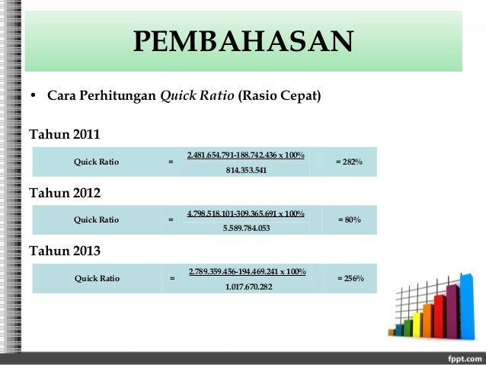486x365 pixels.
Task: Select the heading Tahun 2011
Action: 64,136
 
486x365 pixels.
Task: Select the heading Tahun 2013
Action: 64,250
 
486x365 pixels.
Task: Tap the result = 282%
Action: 349,162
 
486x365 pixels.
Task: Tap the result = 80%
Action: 349,220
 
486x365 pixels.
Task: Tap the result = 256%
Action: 350,278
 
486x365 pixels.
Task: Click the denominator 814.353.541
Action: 246,170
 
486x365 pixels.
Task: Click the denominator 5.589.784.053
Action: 246,227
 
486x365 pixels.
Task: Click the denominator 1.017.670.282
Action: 247,287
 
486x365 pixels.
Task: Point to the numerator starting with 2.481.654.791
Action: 246,155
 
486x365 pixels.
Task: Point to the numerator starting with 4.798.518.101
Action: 246,213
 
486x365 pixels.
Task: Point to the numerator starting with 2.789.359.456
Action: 247,271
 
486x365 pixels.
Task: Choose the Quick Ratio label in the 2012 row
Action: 96,220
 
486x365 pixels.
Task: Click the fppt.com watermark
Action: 460,358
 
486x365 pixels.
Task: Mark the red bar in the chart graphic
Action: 440,315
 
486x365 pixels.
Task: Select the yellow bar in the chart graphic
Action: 417,323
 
